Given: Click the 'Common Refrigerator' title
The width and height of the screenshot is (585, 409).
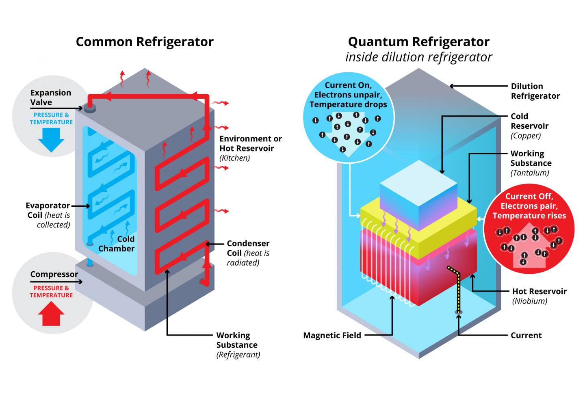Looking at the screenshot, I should [145, 42].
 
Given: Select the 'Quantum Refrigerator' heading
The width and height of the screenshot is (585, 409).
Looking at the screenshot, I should [418, 42].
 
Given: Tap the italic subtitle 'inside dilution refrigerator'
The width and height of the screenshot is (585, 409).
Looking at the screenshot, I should [418, 57].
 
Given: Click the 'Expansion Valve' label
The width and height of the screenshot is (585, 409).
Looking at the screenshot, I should [50, 97].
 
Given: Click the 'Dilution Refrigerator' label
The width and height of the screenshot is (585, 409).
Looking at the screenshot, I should [535, 91].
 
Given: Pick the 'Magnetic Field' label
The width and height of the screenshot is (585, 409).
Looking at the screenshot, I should [332, 335].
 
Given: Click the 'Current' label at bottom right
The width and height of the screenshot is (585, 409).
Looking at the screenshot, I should [526, 335].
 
